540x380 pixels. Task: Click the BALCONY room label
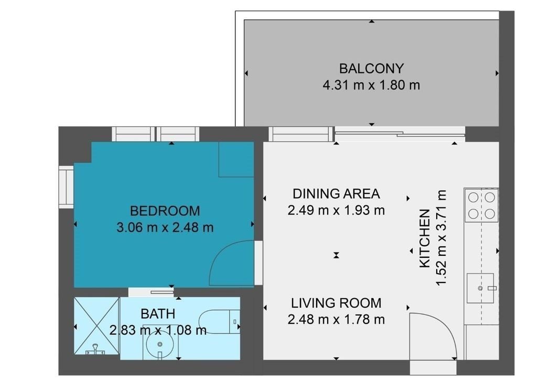pyautogui.click(x=371, y=69)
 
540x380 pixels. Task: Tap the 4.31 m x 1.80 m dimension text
pyautogui.click(x=371, y=85)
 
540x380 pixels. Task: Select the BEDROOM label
pyautogui.click(x=165, y=211)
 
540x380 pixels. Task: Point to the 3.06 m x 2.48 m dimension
pyautogui.click(x=165, y=227)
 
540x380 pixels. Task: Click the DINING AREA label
pyautogui.click(x=336, y=194)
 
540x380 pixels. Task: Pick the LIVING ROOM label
pyautogui.click(x=336, y=303)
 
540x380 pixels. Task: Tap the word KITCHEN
pyautogui.click(x=425, y=238)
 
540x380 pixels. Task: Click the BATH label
pyautogui.click(x=158, y=314)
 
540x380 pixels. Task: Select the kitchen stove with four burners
pyautogui.click(x=481, y=205)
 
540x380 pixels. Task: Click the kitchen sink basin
pyautogui.click(x=480, y=288)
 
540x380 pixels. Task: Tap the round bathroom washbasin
pyautogui.click(x=159, y=344)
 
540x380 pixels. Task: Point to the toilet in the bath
pyautogui.click(x=220, y=322)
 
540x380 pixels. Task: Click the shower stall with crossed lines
pyautogui.click(x=96, y=325)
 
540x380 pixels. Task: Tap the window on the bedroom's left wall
pyautogui.click(x=66, y=187)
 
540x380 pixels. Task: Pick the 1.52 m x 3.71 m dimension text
pyautogui.click(x=441, y=238)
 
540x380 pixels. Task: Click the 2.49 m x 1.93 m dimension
pyautogui.click(x=336, y=210)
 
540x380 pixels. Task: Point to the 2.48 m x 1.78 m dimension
pyautogui.click(x=336, y=320)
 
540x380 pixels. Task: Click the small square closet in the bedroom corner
pyautogui.click(x=236, y=159)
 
